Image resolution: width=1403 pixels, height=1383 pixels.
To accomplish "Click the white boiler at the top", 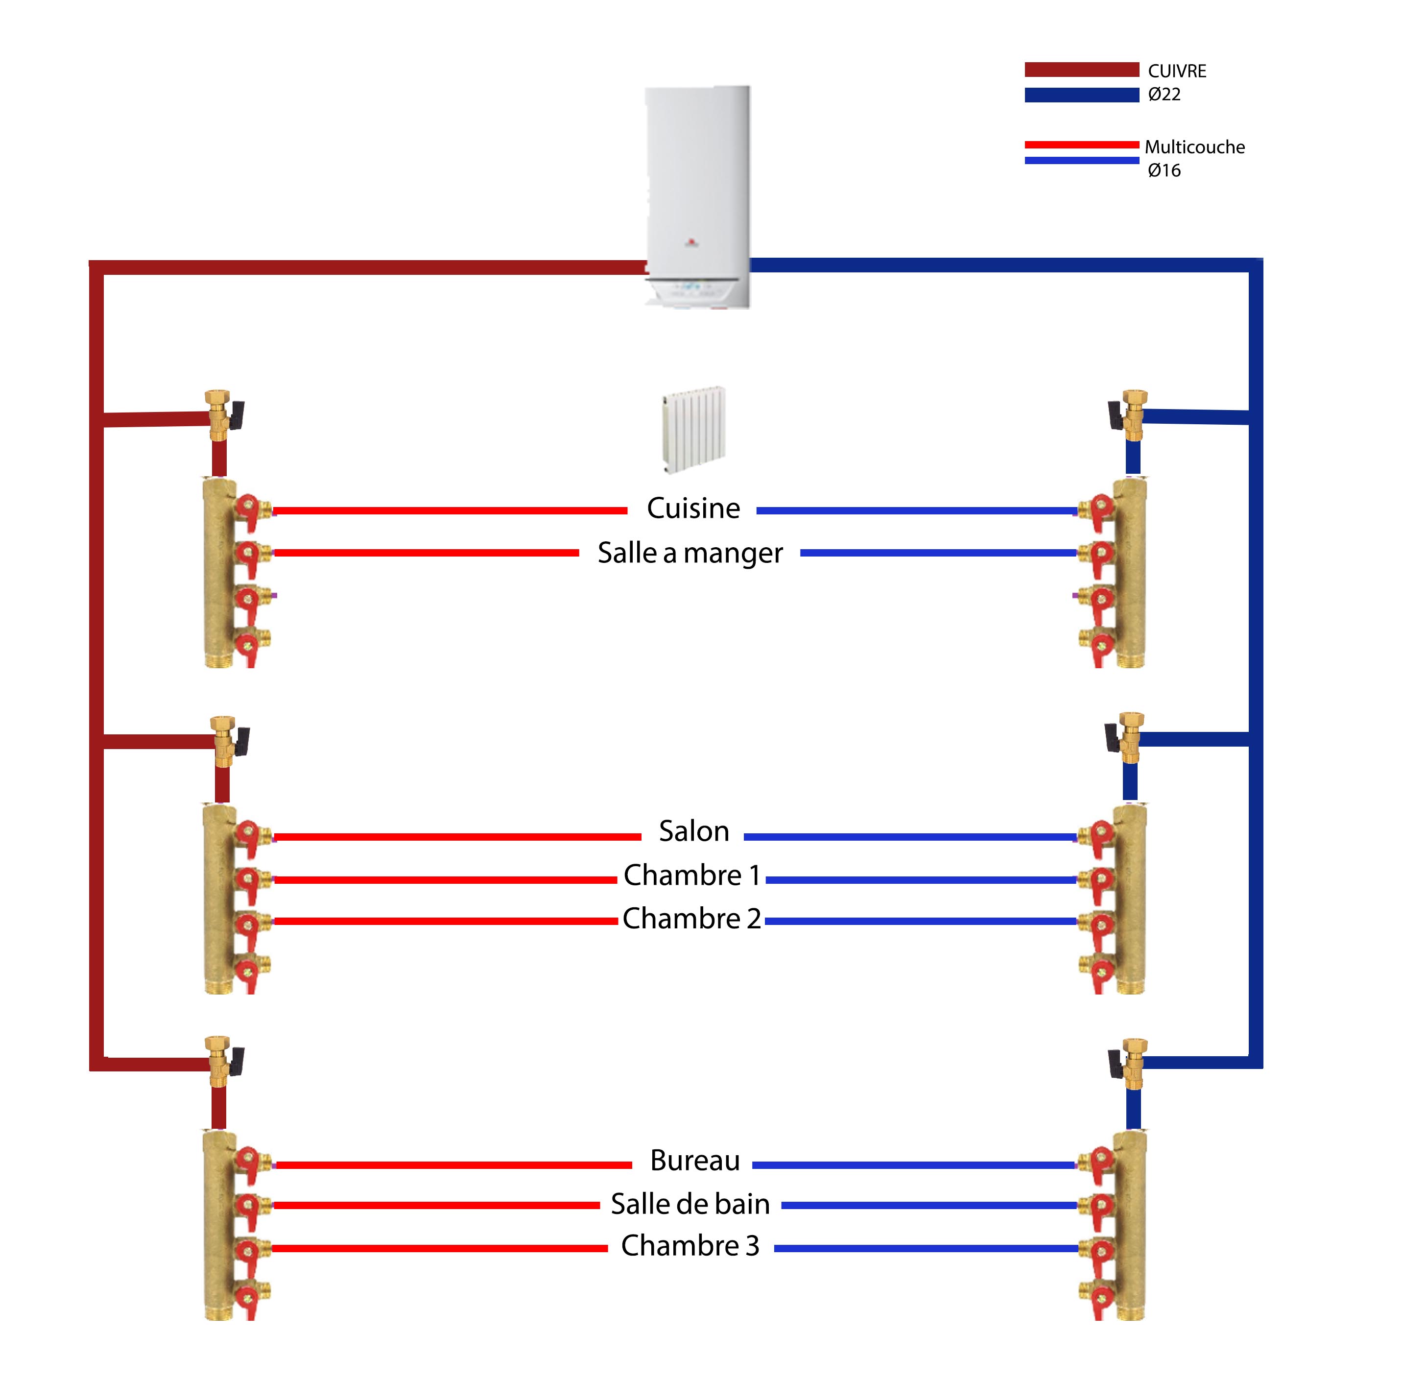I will (x=697, y=196).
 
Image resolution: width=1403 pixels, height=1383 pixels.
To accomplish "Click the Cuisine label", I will (x=693, y=509).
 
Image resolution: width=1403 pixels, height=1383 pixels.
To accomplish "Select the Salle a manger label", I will (x=690, y=554).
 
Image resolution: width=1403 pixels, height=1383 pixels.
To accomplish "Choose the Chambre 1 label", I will (x=691, y=875).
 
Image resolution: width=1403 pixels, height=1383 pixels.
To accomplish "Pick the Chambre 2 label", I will (x=691, y=919).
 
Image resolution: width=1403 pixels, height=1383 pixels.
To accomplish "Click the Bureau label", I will (x=694, y=1161).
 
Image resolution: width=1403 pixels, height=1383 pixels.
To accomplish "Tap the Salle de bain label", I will (x=690, y=1204).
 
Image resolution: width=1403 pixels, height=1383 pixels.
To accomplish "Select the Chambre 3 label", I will (x=690, y=1246).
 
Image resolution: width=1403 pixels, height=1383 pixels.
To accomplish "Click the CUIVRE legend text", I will (x=1176, y=71).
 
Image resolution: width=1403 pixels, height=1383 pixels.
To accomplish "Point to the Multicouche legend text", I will (x=1194, y=147).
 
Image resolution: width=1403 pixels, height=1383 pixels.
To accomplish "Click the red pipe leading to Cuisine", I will (x=450, y=510).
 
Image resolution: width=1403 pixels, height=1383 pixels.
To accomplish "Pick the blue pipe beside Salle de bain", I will (x=929, y=1205).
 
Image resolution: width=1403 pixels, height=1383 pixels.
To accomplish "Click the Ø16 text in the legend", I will (x=1164, y=170).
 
